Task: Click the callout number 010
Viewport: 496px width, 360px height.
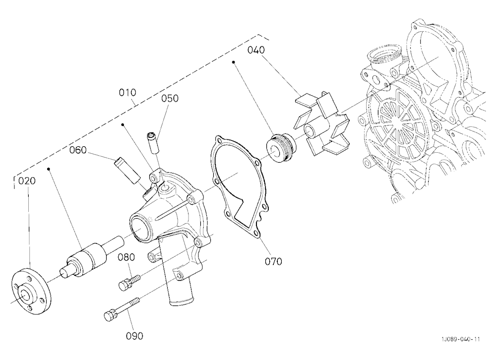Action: coord(127,92)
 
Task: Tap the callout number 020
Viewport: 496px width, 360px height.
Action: coord(27,181)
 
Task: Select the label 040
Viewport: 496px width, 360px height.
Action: coord(256,50)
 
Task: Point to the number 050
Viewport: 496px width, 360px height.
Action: coord(170,98)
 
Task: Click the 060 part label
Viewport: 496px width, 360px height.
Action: coord(78,150)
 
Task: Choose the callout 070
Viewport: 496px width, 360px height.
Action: coord(273,261)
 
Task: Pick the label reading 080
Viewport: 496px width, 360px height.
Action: coord(126,257)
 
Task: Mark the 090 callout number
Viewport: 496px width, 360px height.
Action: coord(134,336)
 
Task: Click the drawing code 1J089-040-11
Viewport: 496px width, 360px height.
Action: coord(461,340)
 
